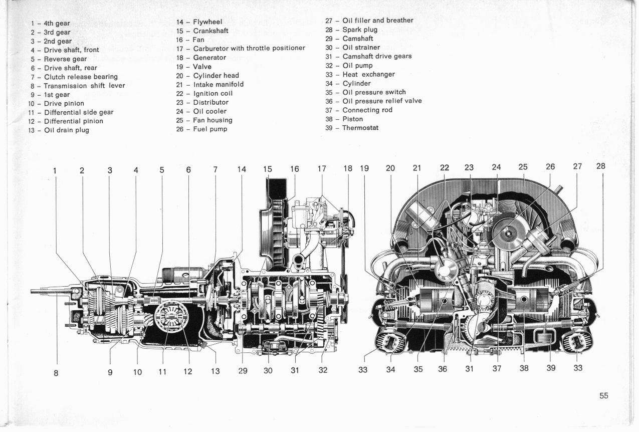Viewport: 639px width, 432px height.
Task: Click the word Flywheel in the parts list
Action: tap(207, 22)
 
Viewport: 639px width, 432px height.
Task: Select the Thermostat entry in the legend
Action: tap(360, 128)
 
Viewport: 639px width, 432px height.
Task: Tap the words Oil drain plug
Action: tap(67, 130)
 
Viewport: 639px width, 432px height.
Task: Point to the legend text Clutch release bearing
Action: tap(81, 77)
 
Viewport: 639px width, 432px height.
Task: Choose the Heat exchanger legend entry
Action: tap(368, 75)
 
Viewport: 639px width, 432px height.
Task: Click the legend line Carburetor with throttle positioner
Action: tap(249, 48)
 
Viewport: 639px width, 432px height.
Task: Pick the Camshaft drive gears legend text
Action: tap(377, 57)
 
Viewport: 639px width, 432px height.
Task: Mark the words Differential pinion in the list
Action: tap(73, 121)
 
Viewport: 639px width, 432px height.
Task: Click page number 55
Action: tap(603, 396)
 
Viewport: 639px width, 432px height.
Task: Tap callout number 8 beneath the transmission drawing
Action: tap(56, 373)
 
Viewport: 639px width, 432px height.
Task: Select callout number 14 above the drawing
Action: tap(242, 169)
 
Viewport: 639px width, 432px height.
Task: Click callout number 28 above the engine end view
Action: tap(601, 166)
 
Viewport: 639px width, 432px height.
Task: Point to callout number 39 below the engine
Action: tap(551, 368)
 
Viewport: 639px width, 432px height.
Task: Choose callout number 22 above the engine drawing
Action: tap(445, 167)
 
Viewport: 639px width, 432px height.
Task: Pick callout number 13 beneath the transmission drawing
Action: tap(216, 371)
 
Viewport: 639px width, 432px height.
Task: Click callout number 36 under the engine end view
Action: tap(443, 369)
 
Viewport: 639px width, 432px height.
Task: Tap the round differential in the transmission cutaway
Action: tap(171, 316)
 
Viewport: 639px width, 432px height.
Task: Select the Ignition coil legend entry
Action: tap(213, 94)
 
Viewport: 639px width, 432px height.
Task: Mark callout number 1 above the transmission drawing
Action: tap(55, 170)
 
